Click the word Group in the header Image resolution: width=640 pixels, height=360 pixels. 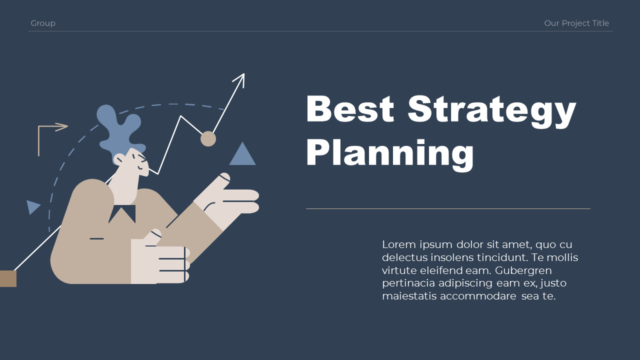coord(43,23)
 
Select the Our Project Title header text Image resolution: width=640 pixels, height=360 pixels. coord(576,23)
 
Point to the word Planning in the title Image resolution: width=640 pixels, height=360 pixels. coord(390,153)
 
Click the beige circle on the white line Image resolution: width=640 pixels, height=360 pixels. coord(208,138)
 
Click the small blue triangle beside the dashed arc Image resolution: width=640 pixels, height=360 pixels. coord(32,206)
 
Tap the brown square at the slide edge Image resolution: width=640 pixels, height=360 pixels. coord(8,278)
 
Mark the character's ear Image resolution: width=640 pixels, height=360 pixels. coord(120,159)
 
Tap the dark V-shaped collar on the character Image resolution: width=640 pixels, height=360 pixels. coord(122,213)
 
